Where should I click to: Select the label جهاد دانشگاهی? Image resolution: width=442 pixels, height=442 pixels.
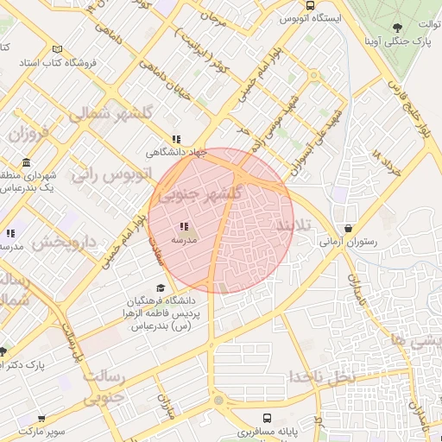pos(178,152)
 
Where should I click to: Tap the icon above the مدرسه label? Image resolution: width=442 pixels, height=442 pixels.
pos(185,227)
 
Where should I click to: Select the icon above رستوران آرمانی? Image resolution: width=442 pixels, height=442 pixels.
pos(347,230)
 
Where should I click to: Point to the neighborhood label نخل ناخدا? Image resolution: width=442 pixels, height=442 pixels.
pos(321,377)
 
